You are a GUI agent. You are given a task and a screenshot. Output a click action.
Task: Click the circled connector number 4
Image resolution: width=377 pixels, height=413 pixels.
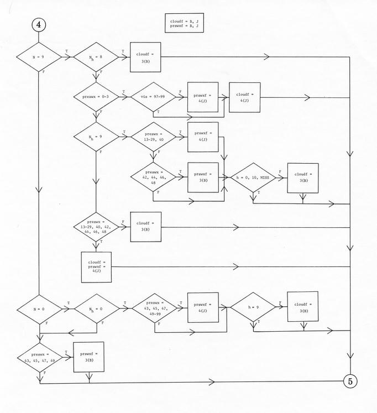tap(39, 25)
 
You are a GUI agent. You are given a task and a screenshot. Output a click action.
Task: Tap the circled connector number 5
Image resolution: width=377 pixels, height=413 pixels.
tap(350, 381)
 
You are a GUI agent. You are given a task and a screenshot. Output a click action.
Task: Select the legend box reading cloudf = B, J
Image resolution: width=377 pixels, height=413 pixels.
tap(184, 23)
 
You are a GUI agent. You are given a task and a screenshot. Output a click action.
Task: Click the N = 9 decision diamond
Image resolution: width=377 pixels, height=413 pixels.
tap(39, 57)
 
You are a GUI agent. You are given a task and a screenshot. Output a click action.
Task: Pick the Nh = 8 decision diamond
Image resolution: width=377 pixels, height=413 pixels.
tap(96, 57)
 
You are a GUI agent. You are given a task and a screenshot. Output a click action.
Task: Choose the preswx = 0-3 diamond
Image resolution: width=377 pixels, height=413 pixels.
tap(96, 97)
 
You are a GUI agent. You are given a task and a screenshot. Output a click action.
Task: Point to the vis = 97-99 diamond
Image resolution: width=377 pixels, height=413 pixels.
tap(153, 97)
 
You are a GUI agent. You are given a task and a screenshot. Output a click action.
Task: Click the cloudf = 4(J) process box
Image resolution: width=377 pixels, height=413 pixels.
tap(244, 97)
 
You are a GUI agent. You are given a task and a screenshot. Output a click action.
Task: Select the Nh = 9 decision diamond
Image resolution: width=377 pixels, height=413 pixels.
tap(96, 137)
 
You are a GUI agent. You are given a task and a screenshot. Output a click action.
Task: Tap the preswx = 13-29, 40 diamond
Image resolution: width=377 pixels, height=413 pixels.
tap(154, 137)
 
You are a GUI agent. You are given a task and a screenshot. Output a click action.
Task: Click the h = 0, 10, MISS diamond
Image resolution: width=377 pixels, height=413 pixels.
tap(253, 177)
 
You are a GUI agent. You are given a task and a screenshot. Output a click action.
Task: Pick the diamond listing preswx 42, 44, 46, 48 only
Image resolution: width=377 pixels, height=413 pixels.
tap(153, 177)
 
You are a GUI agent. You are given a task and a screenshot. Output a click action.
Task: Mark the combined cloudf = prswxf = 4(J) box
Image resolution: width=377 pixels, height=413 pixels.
tap(96, 267)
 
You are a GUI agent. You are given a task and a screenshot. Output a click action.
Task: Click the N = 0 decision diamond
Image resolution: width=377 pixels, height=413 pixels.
tap(39, 310)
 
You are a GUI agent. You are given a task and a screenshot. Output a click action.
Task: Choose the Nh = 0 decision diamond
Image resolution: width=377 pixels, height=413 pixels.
tap(97, 309)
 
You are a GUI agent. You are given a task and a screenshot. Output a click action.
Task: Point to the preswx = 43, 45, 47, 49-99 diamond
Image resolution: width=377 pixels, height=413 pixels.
tap(155, 309)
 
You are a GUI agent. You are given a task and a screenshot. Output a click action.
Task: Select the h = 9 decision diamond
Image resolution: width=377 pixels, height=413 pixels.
tap(253, 307)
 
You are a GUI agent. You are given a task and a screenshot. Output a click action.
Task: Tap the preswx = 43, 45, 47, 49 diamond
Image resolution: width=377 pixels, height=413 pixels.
tap(40, 358)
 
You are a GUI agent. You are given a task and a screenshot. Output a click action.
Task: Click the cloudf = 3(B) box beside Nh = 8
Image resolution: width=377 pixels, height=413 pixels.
tap(145, 57)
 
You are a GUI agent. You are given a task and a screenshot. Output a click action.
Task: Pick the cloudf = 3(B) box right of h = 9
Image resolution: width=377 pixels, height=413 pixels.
tap(303, 307)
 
